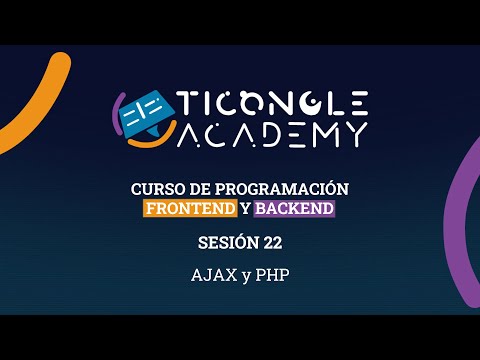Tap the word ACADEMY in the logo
[273, 133]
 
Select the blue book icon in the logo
[146, 113]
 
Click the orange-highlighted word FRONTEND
[190, 208]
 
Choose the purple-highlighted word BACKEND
[294, 208]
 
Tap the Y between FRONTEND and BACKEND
[245, 208]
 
